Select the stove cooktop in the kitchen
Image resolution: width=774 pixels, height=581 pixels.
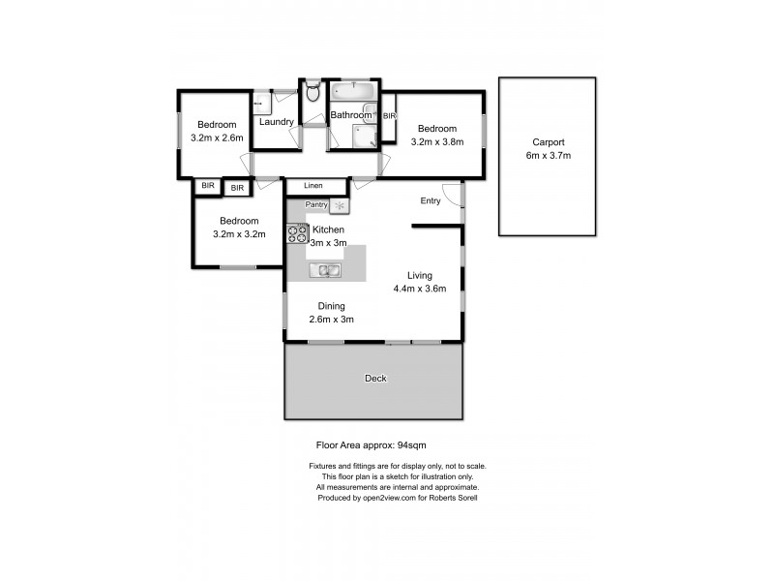point(296,233)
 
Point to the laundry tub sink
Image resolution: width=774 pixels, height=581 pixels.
point(259,100)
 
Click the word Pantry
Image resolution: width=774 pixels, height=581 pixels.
point(316,205)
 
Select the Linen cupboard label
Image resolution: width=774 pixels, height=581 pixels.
point(313,185)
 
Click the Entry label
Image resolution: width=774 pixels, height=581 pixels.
point(431,201)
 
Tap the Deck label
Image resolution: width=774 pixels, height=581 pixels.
point(375,379)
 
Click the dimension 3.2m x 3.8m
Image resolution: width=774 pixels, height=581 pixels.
point(437,142)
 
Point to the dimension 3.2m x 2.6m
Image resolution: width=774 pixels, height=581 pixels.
point(218,138)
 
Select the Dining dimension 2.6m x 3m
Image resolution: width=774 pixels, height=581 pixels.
point(331,320)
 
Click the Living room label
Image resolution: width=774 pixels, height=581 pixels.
point(419,275)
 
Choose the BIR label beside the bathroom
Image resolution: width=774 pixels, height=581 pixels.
point(389,116)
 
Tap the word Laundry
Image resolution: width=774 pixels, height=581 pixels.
point(277,122)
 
